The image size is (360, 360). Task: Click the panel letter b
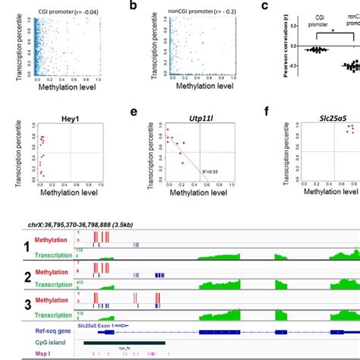134,5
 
